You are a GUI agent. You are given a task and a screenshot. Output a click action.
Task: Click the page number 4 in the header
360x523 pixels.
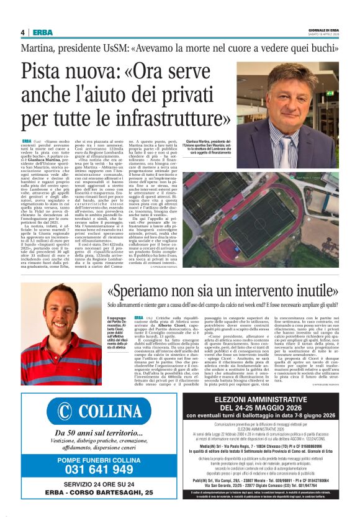pos(22,32)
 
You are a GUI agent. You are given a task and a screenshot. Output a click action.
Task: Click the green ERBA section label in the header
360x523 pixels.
pos(43,32)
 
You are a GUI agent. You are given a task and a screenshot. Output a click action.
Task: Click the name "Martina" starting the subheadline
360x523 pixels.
pos(39,48)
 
